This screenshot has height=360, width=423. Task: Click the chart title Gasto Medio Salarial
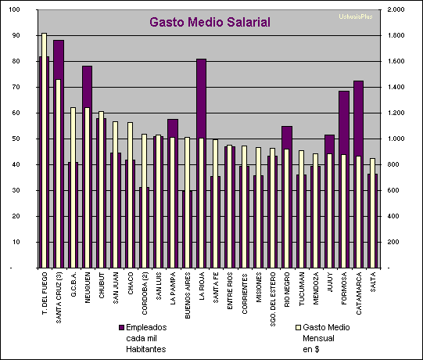click(x=210, y=22)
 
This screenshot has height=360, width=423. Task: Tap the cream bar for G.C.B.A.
click(x=73, y=188)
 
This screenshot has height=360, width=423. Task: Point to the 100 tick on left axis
click(x=16, y=10)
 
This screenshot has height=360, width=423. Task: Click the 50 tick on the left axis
click(x=18, y=139)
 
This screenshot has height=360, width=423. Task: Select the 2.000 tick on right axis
click(x=396, y=10)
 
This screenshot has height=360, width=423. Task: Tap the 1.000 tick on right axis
click(x=396, y=139)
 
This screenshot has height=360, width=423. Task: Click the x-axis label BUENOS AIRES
click(x=188, y=292)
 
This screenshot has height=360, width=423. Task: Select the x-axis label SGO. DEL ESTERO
click(x=274, y=296)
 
